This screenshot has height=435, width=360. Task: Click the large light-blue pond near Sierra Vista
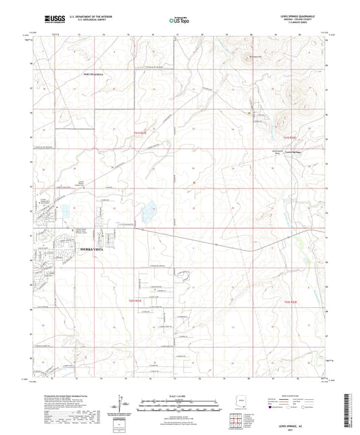147,211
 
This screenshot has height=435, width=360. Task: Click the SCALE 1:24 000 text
180,396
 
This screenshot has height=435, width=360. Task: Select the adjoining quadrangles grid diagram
236,420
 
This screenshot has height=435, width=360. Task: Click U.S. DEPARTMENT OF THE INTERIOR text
84,19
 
